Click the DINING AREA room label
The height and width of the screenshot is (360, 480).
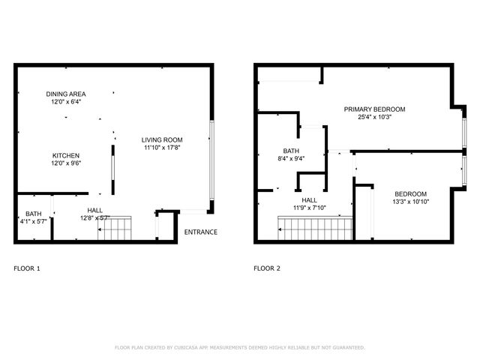(x=66, y=94)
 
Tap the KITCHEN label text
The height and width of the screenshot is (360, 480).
(x=66, y=155)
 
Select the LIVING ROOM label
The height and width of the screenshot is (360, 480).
(x=163, y=139)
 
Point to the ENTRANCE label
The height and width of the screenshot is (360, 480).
(x=201, y=232)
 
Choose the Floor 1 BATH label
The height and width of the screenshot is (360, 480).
(x=34, y=214)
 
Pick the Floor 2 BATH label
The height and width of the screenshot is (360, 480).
(x=291, y=151)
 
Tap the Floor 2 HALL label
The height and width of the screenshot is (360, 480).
(x=310, y=200)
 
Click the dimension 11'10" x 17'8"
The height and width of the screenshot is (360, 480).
(x=163, y=148)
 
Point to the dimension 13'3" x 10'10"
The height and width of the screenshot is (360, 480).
(x=410, y=202)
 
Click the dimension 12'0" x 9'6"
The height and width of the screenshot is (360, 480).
(x=66, y=163)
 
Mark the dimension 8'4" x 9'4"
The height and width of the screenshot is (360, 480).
(x=291, y=159)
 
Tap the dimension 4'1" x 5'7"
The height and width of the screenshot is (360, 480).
(x=34, y=222)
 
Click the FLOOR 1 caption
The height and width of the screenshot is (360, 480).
(x=28, y=268)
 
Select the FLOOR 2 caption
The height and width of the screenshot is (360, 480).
(x=267, y=268)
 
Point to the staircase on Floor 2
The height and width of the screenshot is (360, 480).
(x=315, y=226)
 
